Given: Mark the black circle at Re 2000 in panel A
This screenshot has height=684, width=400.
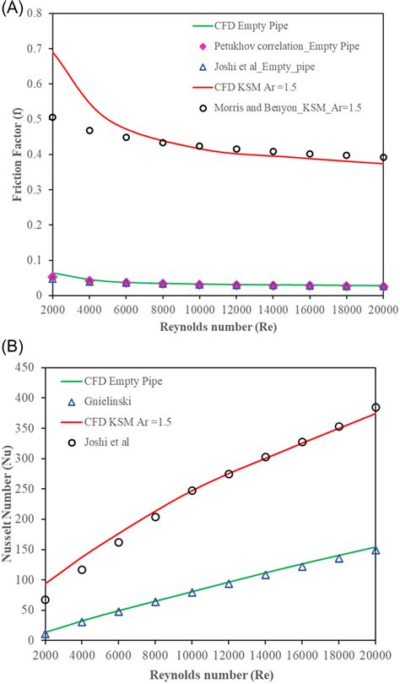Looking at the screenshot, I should click(52, 117).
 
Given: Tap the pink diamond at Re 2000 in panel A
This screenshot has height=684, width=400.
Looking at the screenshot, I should click(52, 276).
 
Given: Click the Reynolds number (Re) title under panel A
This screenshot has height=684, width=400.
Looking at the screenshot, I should click(218, 325).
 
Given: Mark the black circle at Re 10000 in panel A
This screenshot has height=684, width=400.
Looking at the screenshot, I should click(199, 146).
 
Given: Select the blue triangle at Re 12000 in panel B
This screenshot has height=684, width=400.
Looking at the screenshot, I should click(229, 584).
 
